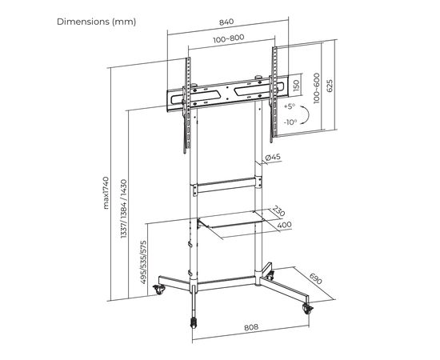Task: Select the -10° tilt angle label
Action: coord(290,122)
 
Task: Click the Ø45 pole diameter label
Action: coord(272,158)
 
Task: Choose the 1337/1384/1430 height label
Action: coord(121,213)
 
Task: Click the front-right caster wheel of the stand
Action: coord(307,307)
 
